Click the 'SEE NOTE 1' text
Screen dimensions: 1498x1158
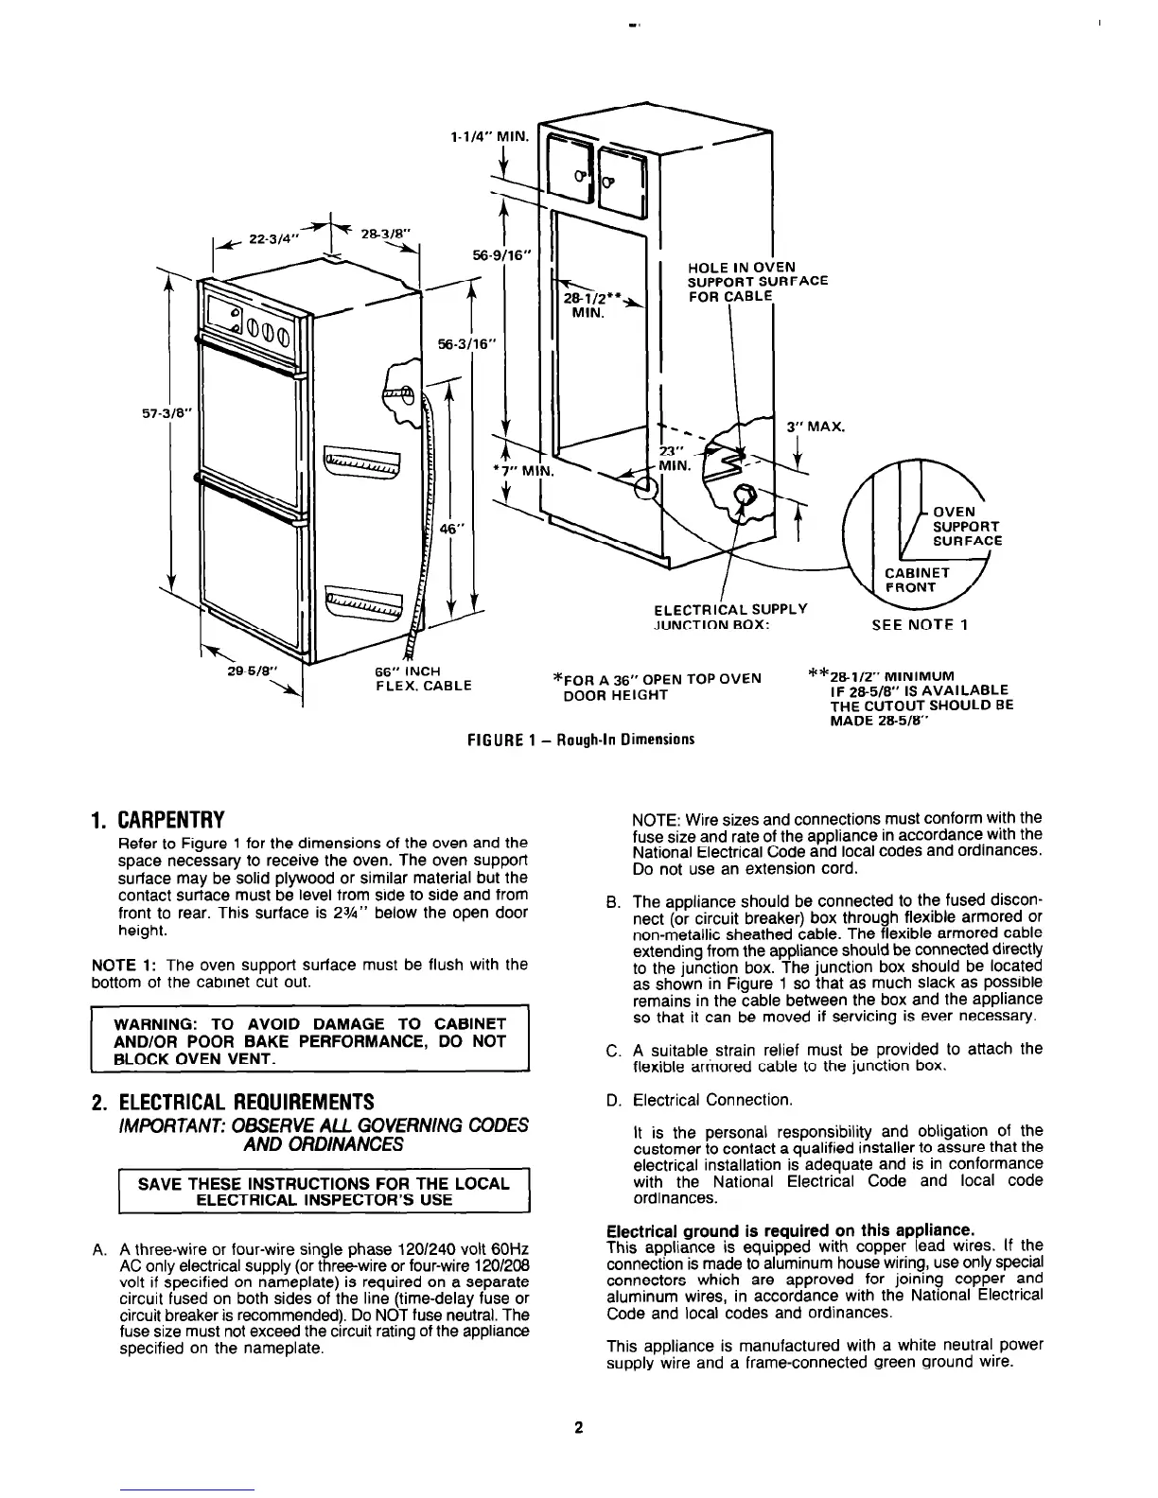pyautogui.click(x=919, y=624)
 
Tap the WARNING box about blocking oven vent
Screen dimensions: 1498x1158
pyautogui.click(x=308, y=1041)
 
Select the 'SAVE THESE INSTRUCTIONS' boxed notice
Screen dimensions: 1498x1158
pyautogui.click(x=324, y=1192)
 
